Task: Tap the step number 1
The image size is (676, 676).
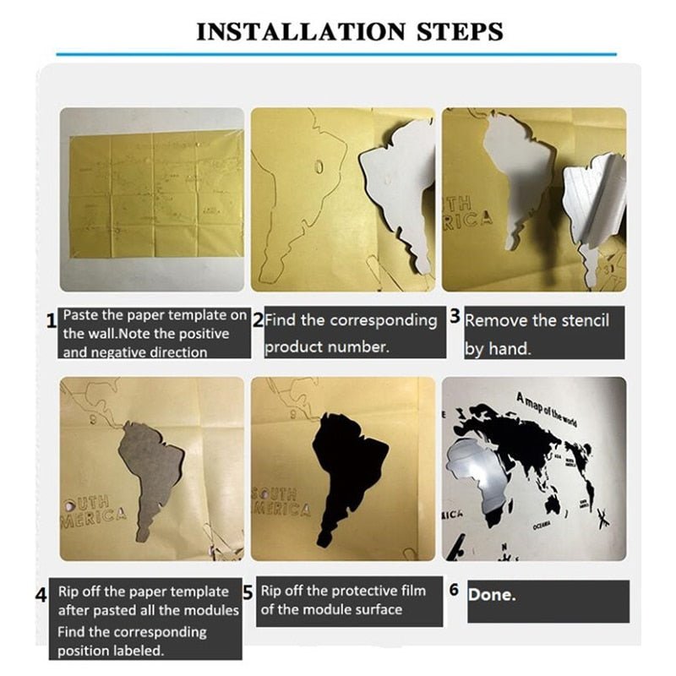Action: [x=51, y=320]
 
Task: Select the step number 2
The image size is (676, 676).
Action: [x=259, y=320]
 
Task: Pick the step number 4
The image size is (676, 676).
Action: [x=41, y=594]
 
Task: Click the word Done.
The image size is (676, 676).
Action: [x=492, y=595]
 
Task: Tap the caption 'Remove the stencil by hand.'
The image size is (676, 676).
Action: [x=537, y=334]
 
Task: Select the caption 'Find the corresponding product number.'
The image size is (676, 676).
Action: [x=351, y=334]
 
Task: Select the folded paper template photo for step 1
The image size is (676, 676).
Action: [x=151, y=199]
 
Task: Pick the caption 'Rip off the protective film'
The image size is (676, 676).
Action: [x=343, y=591]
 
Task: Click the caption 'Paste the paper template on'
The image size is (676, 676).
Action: [x=155, y=315]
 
